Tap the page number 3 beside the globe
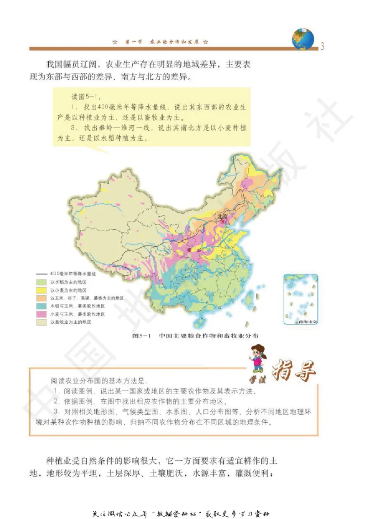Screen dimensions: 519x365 322,46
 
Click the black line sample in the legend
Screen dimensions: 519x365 42,274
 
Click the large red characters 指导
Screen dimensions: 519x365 294,372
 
